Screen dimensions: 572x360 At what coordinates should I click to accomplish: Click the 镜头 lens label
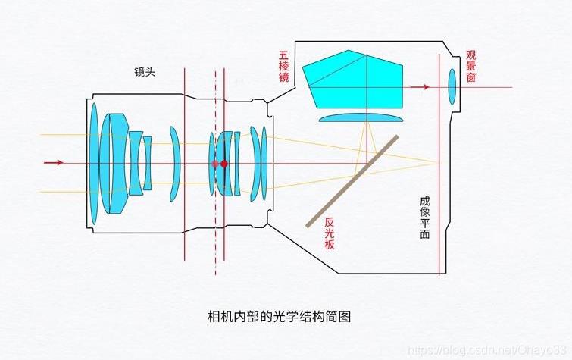click(145, 72)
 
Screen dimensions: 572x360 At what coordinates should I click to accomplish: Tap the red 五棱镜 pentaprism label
click(284, 66)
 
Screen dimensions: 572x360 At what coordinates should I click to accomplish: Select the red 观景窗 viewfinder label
click(471, 66)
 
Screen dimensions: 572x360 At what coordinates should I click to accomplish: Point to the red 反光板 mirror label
click(330, 233)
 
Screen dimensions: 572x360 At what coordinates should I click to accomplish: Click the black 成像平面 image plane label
click(425, 218)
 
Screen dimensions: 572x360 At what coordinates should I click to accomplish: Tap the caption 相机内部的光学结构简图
click(279, 316)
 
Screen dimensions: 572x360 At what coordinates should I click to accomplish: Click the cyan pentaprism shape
click(352, 80)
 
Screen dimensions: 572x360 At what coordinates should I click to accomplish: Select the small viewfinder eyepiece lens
click(452, 86)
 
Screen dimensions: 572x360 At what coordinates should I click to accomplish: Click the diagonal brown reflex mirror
click(352, 181)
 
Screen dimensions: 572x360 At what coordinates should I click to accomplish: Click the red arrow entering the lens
click(54, 162)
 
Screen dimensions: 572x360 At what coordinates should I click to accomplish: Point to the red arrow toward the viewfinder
click(420, 87)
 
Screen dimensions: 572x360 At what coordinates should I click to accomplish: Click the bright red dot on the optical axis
click(224, 164)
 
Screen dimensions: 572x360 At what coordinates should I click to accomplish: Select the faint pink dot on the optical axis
click(215, 164)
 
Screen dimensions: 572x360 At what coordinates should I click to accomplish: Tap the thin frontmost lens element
click(94, 164)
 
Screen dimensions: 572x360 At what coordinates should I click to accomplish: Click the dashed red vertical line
click(216, 172)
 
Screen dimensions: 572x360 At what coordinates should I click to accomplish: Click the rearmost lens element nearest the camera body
click(264, 163)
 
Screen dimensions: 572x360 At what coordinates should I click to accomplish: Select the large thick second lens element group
click(114, 164)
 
